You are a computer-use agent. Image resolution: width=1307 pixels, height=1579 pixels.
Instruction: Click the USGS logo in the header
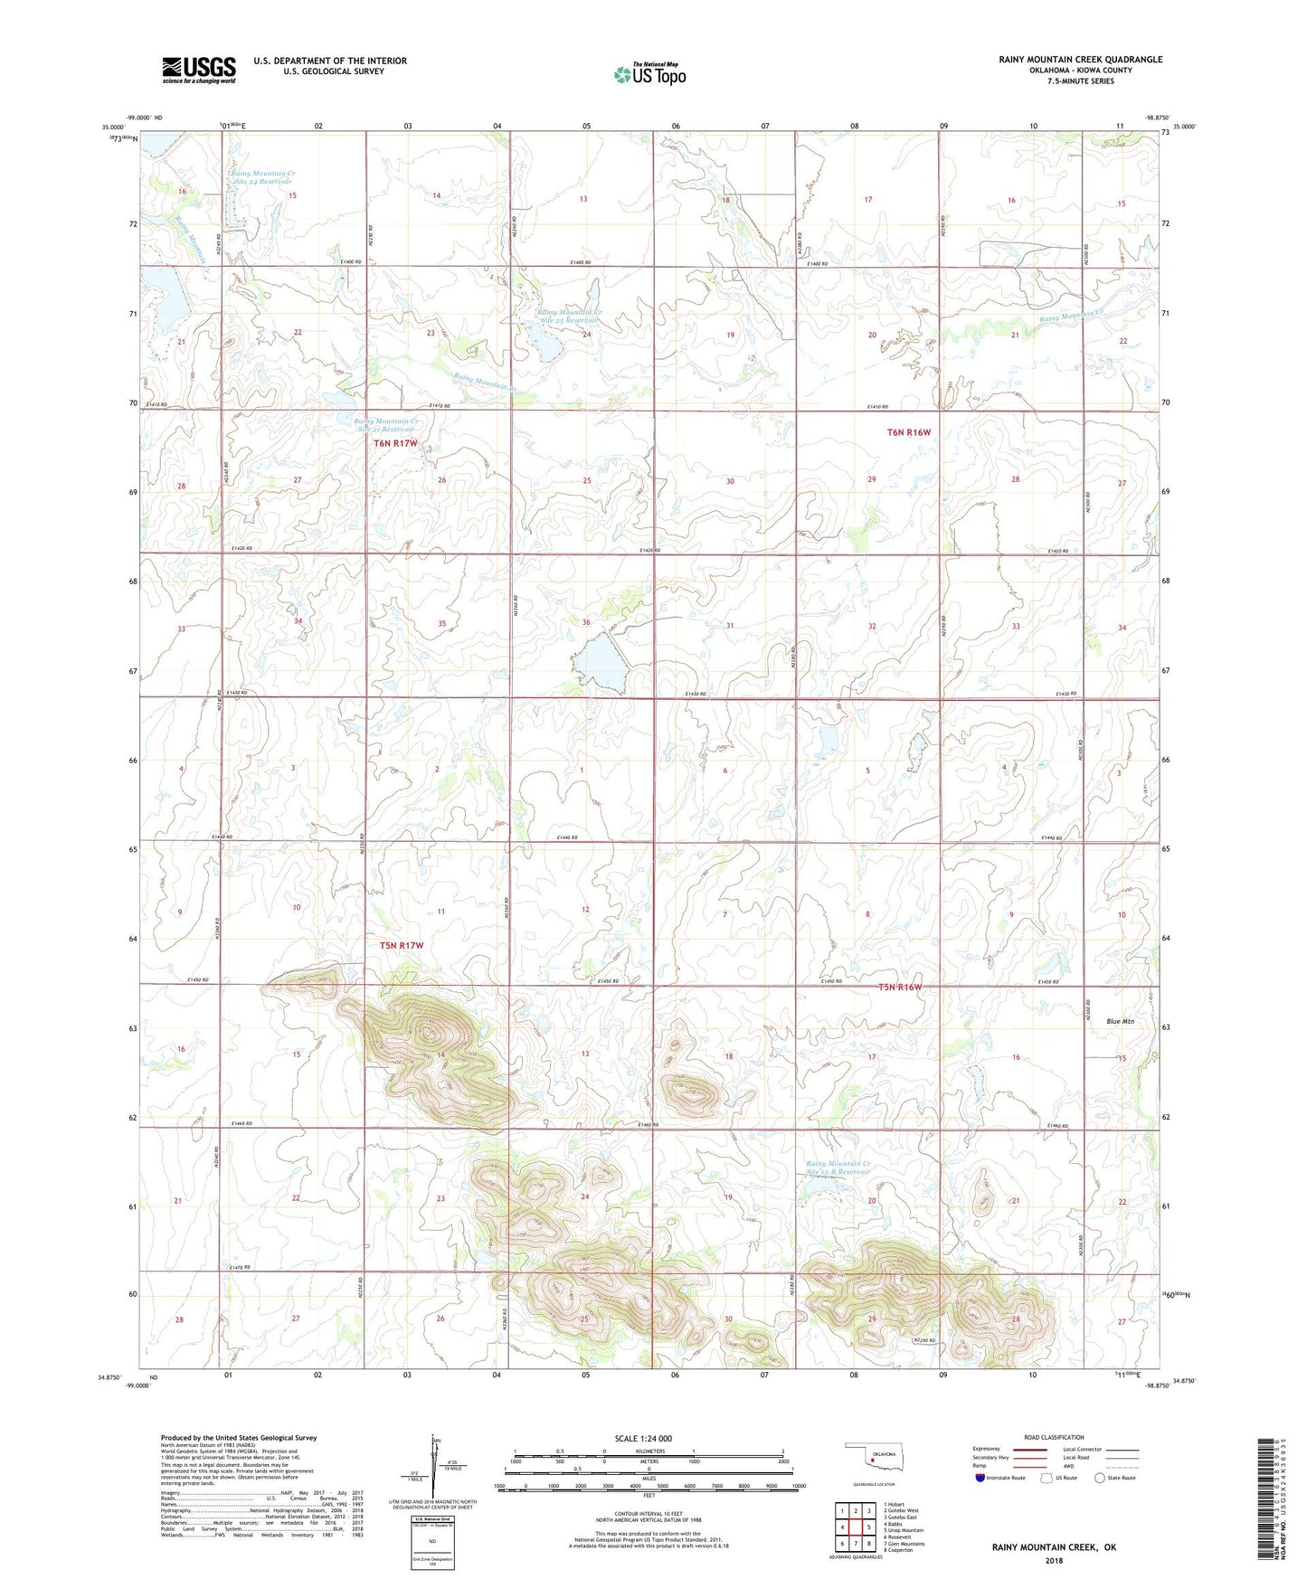[199, 70]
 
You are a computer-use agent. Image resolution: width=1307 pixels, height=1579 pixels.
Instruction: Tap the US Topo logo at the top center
[649, 74]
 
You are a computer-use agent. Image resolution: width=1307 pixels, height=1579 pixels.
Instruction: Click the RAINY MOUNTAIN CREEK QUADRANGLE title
[1080, 60]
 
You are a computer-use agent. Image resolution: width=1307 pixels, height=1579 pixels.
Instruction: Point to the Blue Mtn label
[1120, 1021]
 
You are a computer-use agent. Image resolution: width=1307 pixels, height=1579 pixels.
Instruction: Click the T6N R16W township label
[908, 432]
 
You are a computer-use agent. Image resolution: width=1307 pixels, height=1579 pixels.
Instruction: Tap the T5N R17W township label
[401, 945]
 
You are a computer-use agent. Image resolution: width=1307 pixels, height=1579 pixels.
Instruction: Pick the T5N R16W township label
[899, 987]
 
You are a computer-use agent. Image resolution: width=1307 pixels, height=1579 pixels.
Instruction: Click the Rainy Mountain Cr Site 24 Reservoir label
[262, 177]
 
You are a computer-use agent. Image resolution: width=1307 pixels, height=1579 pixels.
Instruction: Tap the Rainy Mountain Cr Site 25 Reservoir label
[569, 317]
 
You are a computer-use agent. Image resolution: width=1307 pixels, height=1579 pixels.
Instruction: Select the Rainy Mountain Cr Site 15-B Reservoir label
[838, 1168]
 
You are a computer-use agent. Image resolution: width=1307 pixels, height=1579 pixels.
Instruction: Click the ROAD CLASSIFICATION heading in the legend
[1054, 1437]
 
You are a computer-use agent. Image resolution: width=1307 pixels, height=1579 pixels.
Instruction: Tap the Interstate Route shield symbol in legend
[980, 1478]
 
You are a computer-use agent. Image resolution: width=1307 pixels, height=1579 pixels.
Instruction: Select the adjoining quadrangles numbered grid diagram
[855, 1527]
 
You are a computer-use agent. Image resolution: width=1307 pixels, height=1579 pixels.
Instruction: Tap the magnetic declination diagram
[431, 1469]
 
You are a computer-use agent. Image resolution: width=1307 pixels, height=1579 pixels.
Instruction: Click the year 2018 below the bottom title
[1054, 1560]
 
